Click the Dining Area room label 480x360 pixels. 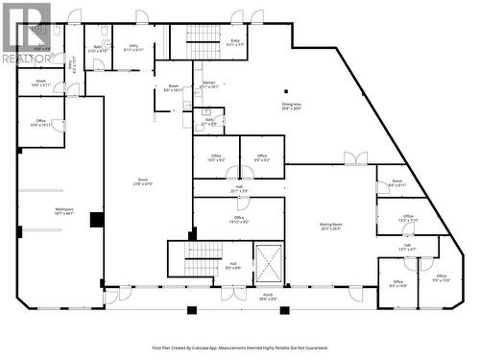[291, 107]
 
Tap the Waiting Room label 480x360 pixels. [332, 227]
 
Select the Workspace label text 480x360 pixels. [64, 209]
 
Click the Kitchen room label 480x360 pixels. [209, 84]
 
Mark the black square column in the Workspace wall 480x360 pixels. [96, 220]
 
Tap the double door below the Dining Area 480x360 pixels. [355, 159]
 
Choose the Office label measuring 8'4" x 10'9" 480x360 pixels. [398, 284]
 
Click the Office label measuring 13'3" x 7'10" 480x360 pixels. [408, 219]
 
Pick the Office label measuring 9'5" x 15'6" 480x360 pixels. [442, 278]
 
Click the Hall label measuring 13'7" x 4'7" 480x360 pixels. [407, 248]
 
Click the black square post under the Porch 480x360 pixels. [191, 309]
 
